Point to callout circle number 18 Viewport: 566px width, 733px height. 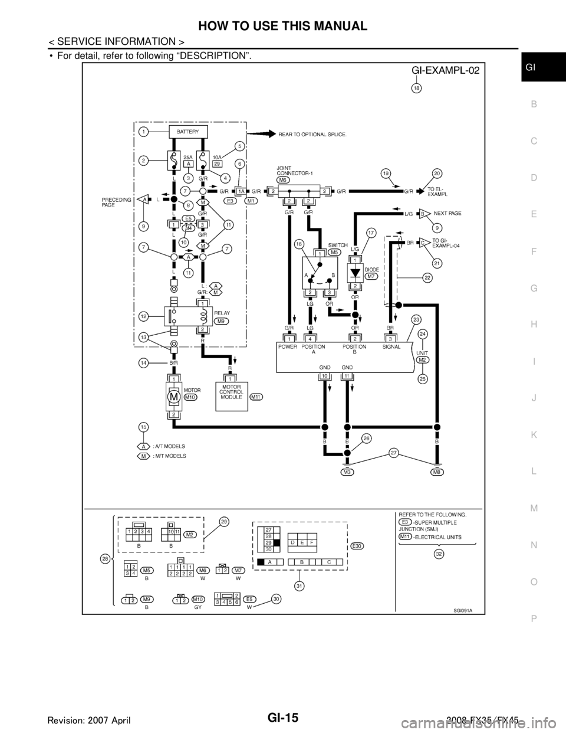click(416, 88)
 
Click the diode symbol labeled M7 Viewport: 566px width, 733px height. click(354, 274)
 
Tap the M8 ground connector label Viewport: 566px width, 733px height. click(436, 472)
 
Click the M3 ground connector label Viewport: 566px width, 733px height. click(347, 472)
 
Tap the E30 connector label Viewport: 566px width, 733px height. click(356, 547)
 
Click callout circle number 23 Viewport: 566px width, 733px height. click(416, 320)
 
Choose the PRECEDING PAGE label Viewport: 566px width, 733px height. click(111, 204)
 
